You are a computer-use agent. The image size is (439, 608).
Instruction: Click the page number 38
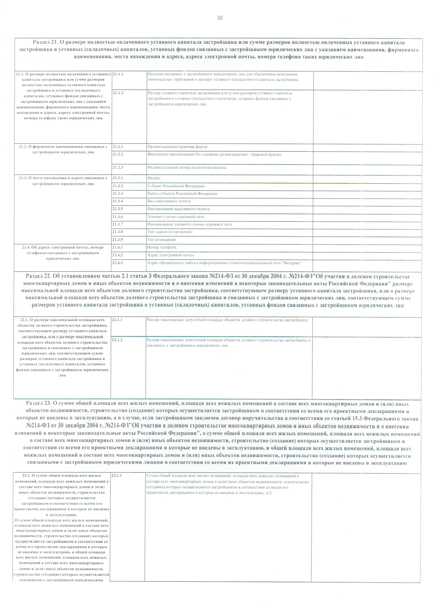(x=219, y=18)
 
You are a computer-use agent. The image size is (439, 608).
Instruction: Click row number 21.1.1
(x=118, y=74)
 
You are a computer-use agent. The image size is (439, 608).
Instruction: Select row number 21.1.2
(x=118, y=93)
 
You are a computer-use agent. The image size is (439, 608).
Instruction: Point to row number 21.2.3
(x=118, y=167)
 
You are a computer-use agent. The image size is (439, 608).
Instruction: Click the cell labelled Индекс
(x=154, y=178)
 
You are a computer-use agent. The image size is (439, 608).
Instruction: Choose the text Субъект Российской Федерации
(x=176, y=186)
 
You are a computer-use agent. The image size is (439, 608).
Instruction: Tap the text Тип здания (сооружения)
(x=170, y=232)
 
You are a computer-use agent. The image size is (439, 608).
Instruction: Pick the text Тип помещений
(x=161, y=239)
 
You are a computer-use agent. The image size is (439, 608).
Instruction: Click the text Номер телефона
(x=162, y=247)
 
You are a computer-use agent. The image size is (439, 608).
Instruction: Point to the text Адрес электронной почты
(x=170, y=255)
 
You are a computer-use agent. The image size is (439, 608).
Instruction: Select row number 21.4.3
(x=118, y=263)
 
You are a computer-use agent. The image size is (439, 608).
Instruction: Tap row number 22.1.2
(x=117, y=340)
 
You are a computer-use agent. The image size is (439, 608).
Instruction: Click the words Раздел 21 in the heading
(x=45, y=42)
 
